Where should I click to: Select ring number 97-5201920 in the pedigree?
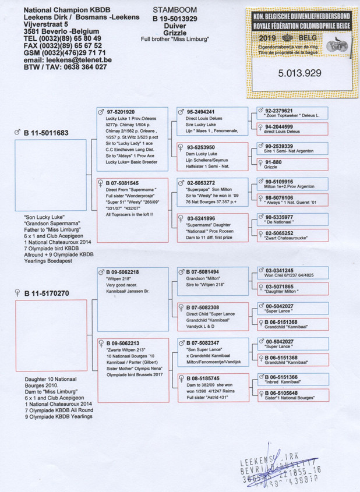121,112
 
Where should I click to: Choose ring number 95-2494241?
201,112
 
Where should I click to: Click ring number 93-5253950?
201,147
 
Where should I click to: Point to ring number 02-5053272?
201,183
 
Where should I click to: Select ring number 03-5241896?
201,218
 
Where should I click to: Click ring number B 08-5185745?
204,378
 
